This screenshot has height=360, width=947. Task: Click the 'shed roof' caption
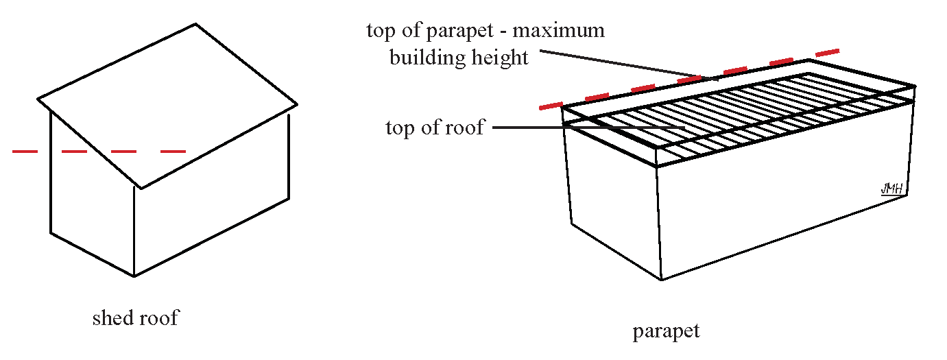tap(135, 319)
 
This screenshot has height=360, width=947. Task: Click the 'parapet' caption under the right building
tap(666, 332)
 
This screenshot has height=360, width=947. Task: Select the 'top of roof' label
tap(435, 128)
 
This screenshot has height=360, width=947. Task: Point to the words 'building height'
tap(459, 57)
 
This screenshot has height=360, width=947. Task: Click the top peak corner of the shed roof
tap(196, 24)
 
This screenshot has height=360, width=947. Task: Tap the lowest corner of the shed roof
tap(141, 188)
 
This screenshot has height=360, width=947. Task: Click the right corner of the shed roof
tap(296, 105)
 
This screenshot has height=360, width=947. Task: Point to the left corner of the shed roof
tap(38, 99)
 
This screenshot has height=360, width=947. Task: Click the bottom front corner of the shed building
tap(134, 276)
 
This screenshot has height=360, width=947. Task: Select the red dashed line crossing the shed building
tap(99, 151)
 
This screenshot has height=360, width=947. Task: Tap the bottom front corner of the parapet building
tap(661, 279)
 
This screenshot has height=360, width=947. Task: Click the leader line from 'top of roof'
tap(590, 128)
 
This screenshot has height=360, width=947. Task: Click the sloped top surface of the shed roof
tap(168, 103)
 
